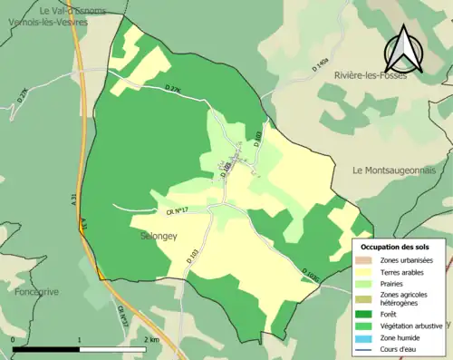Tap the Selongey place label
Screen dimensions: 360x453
pos(159,235)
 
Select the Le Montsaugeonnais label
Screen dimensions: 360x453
pos(394,170)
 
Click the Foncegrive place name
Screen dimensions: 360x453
pos(36,292)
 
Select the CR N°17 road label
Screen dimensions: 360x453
pos(176,212)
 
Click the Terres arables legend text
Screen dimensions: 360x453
pos(406,272)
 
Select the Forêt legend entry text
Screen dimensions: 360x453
pos(390,316)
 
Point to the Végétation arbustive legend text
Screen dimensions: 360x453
pos(412,326)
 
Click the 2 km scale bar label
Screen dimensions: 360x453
pos(151,340)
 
